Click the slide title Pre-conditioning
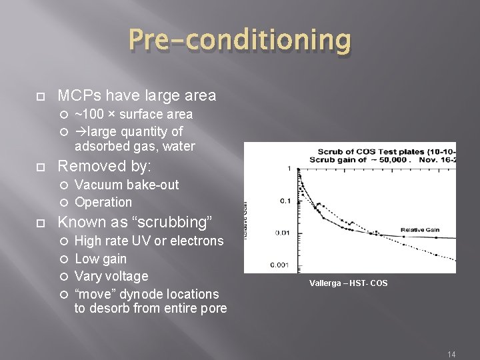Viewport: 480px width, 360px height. (x=239, y=41)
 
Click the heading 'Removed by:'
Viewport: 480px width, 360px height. (x=105, y=166)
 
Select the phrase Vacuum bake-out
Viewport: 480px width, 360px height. (x=127, y=185)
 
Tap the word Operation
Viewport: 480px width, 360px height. (x=103, y=202)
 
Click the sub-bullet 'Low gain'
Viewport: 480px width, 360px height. (x=101, y=259)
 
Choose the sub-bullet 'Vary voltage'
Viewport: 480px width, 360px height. (x=111, y=276)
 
